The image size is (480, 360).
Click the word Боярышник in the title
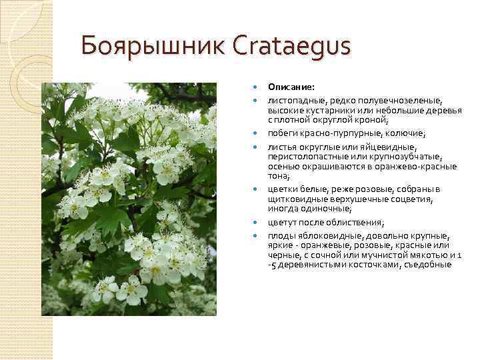151,47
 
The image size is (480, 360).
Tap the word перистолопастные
305,157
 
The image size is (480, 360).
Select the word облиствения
357,223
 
